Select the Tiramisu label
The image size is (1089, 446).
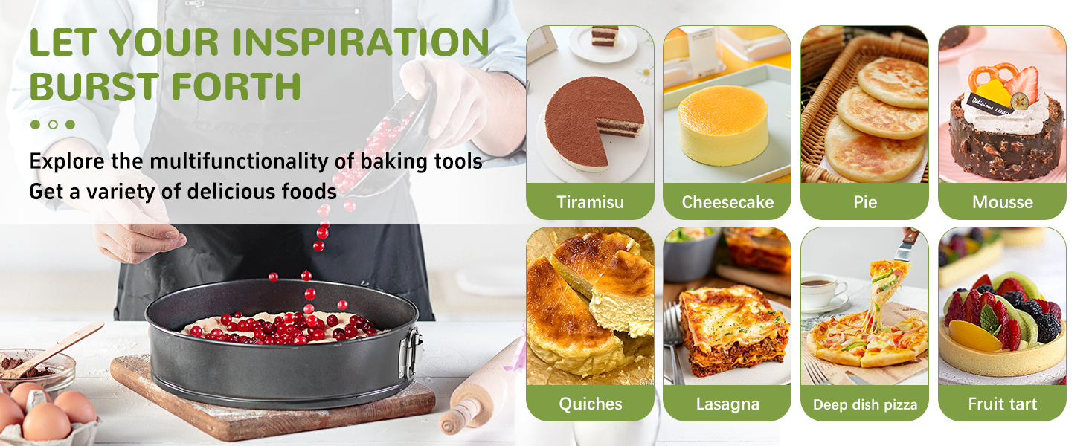(590, 202)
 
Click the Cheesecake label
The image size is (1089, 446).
(727, 202)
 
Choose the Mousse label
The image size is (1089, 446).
(1002, 202)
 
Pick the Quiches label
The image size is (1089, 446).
(590, 404)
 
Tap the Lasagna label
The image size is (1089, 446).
(727, 404)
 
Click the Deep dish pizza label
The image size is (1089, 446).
(864, 405)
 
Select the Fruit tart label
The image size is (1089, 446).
(1002, 404)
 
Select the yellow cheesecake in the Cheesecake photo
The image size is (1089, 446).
(722, 125)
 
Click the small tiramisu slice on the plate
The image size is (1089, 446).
(605, 36)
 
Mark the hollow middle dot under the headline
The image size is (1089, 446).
(53, 125)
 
